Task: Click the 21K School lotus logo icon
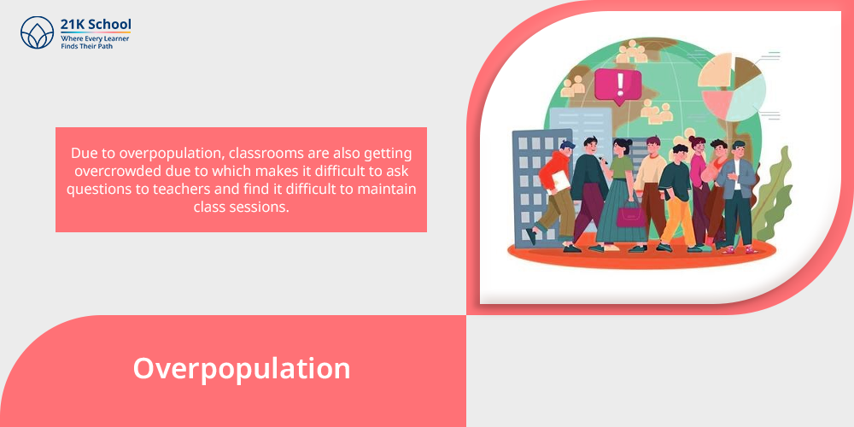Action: [37, 32]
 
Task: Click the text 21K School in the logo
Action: [96, 25]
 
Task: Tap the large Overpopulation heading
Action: [242, 369]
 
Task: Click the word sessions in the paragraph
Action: [260, 207]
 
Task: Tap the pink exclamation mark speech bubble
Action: [617, 86]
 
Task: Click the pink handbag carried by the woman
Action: [631, 214]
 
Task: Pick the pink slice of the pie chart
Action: [717, 102]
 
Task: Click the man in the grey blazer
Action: [736, 196]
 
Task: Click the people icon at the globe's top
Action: [632, 52]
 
